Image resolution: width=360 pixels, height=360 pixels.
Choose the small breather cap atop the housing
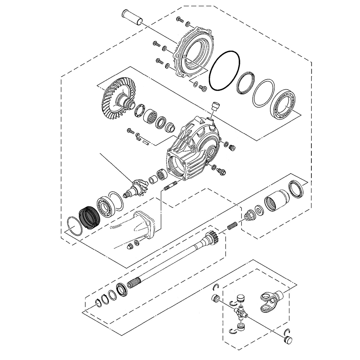(216, 106)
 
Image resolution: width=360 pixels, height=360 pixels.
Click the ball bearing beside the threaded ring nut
(105, 206)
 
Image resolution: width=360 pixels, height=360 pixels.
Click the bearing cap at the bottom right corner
(288, 339)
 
